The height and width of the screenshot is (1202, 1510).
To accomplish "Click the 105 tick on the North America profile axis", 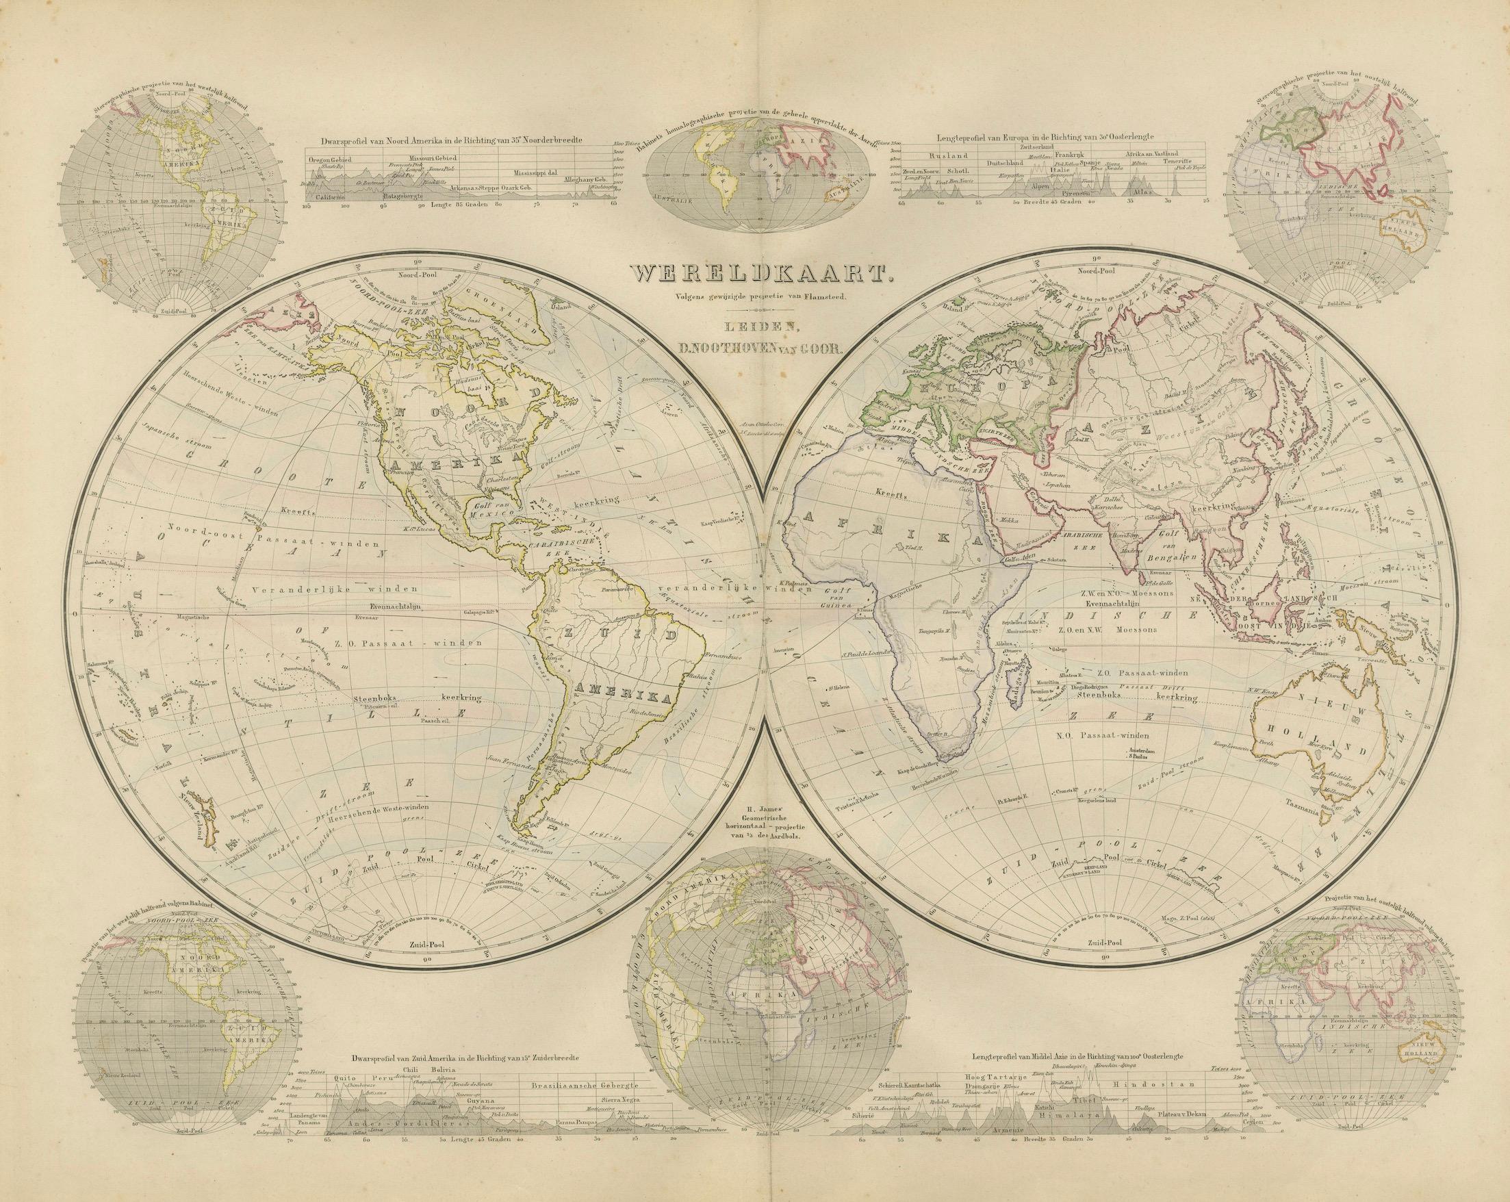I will coord(306,206).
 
